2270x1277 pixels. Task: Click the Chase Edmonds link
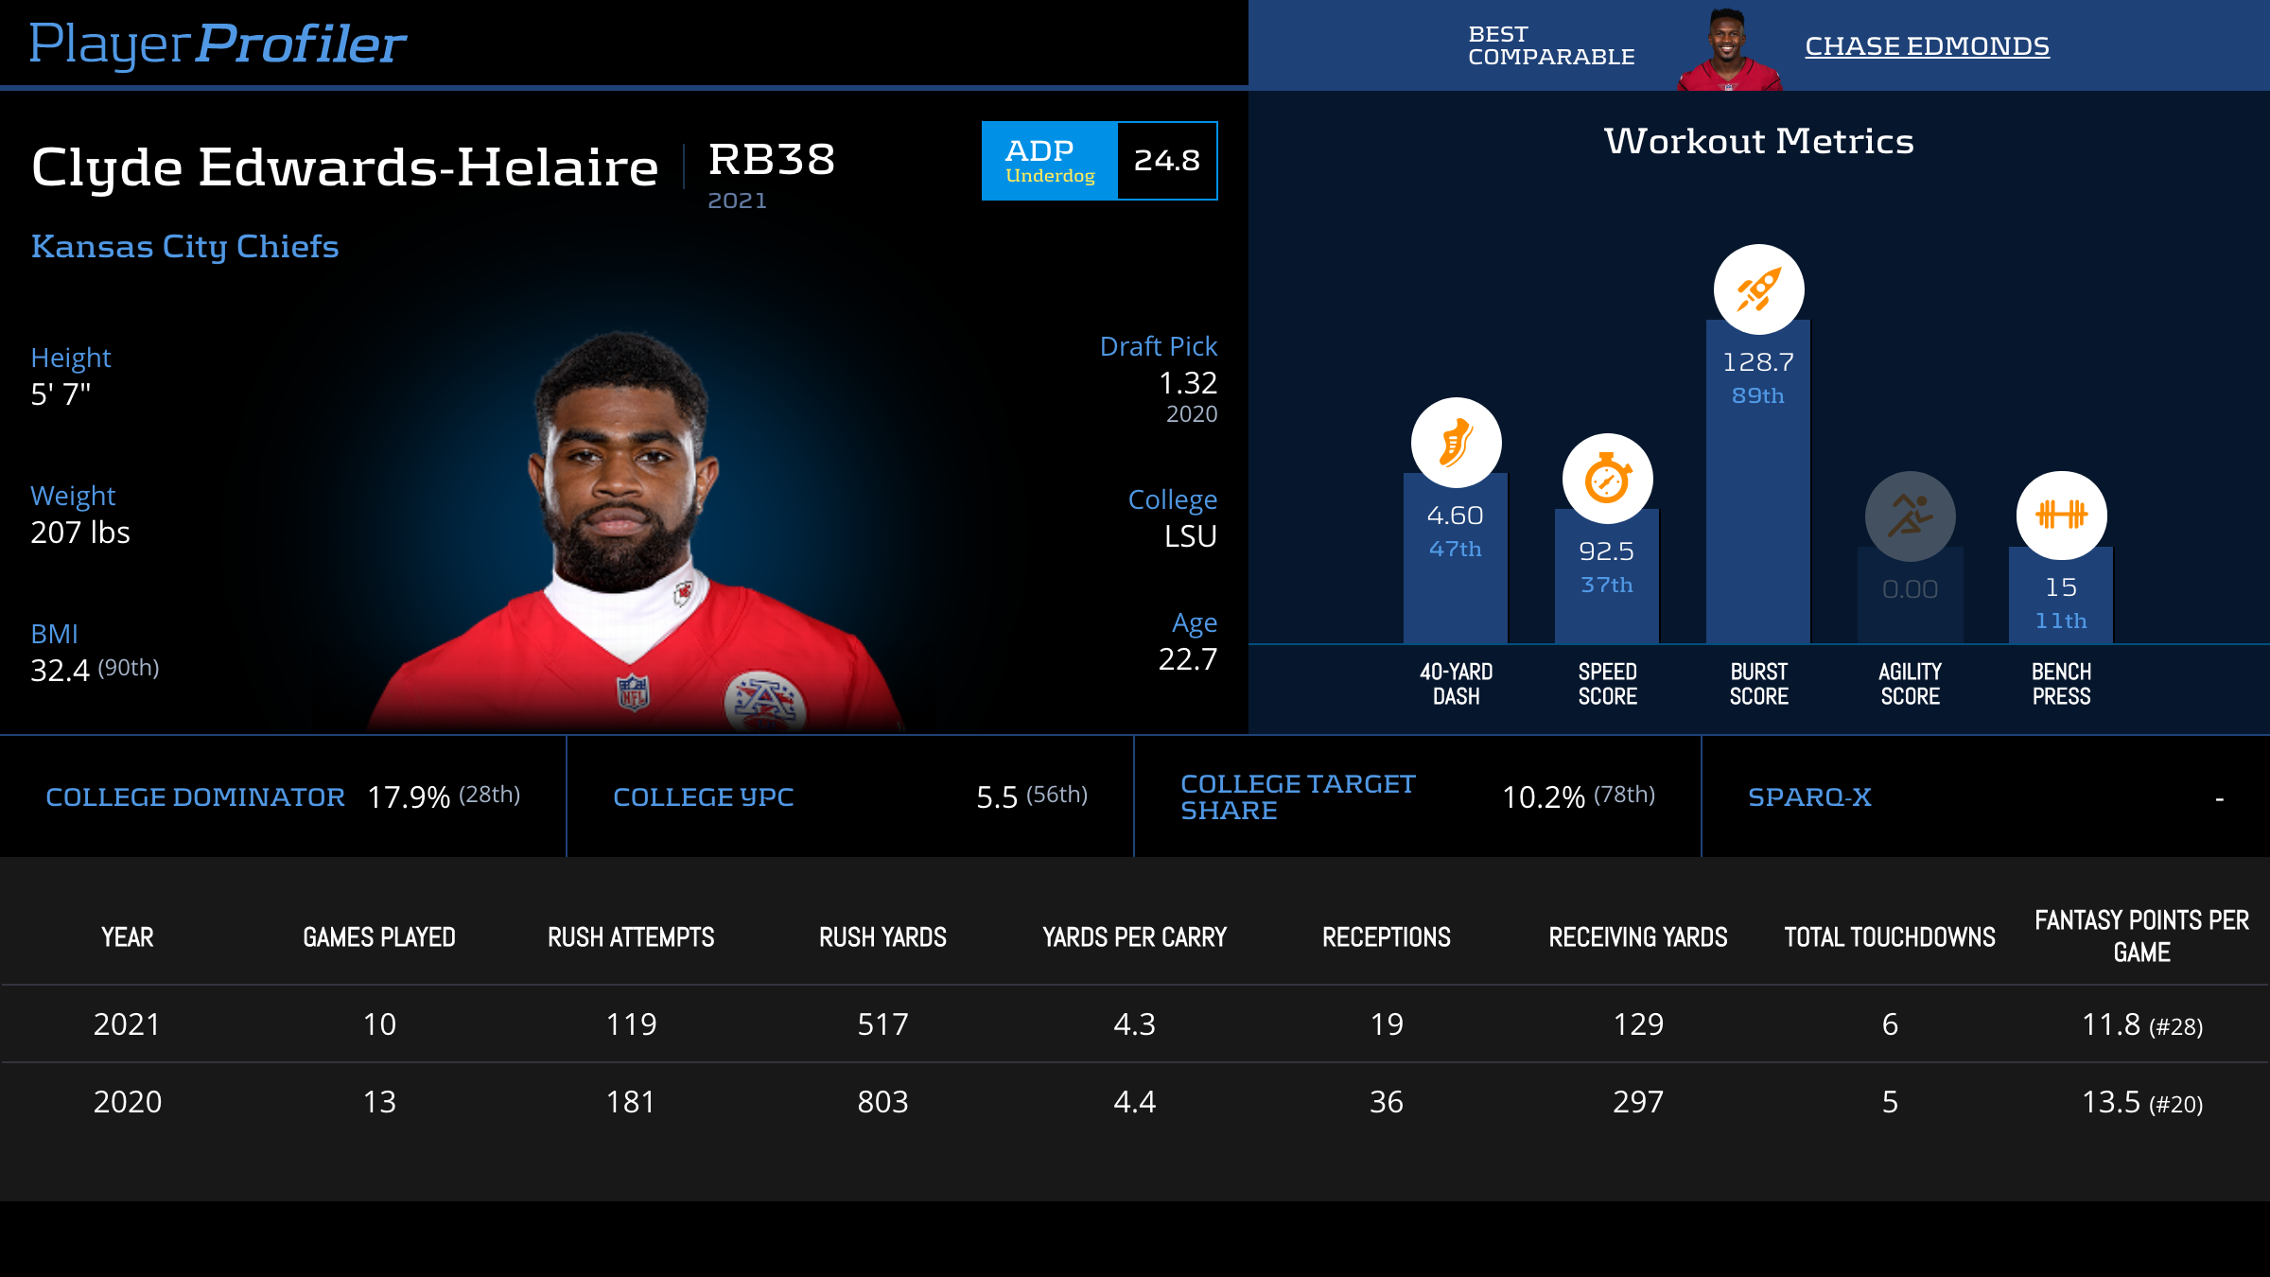pos(1927,45)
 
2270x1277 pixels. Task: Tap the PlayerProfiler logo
pos(218,44)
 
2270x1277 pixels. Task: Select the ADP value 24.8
pos(1167,161)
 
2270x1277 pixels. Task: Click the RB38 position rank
pos(772,159)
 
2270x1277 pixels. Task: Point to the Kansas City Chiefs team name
pos(185,246)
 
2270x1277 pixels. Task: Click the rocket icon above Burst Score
pos(1758,289)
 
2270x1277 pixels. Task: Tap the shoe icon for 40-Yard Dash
pos(1456,443)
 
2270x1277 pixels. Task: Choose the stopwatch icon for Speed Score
pos(1607,479)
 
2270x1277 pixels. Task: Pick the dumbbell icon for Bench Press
pos(2061,516)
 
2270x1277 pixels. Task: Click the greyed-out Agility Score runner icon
pos(1910,516)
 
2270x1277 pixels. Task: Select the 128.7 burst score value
pos(1758,362)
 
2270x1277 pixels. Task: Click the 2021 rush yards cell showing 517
pos(882,1024)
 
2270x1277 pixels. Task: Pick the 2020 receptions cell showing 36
pos(1387,1102)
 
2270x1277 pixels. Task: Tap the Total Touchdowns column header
pos(1890,937)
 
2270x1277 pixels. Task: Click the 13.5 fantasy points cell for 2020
pos(2141,1102)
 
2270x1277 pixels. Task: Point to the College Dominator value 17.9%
pos(409,797)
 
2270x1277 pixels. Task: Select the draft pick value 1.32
pos(1188,383)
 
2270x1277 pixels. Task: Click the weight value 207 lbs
pos(80,533)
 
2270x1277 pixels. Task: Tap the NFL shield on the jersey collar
pos(634,691)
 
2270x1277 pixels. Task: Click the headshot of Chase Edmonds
pos(1729,49)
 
